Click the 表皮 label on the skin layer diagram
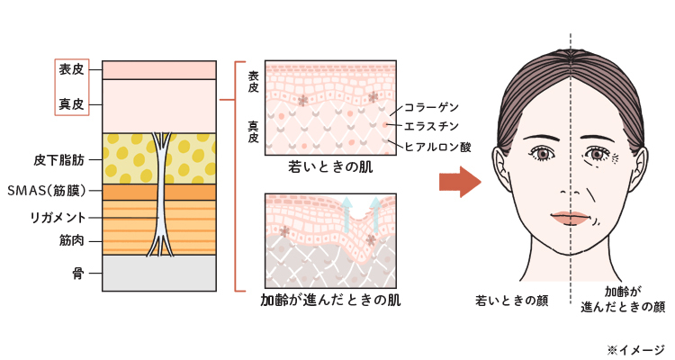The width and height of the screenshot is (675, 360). [71, 68]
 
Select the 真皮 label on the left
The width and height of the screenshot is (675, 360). [71, 105]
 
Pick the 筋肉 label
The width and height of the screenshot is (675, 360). [71, 240]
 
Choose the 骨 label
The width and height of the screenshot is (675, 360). [77, 271]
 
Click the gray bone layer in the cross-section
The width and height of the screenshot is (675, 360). [159, 273]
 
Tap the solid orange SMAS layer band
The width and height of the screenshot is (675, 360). [126, 192]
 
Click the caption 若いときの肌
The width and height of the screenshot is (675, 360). [330, 167]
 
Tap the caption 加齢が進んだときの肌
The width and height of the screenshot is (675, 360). [330, 301]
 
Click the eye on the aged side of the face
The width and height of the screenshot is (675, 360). [598, 156]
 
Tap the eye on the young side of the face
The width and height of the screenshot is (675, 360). [544, 155]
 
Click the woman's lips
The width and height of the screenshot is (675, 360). [571, 218]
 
